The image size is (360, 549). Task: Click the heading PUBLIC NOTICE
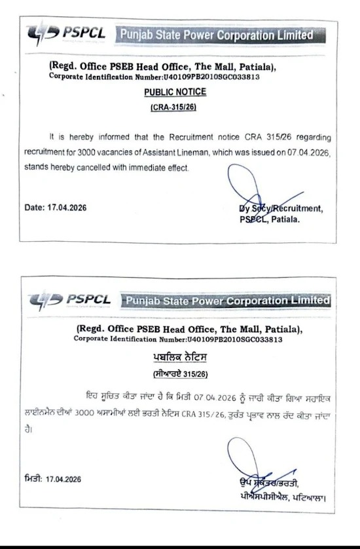coord(175,92)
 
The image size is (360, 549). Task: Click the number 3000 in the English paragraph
coord(93,153)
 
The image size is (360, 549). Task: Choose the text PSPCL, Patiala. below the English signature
coord(270,219)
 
